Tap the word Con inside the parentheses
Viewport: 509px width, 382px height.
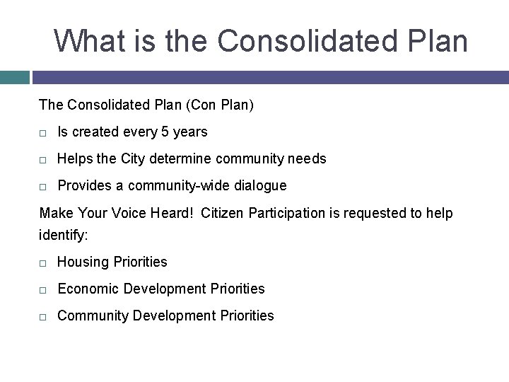pyautogui.click(x=199, y=105)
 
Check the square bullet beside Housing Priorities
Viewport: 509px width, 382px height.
pyautogui.click(x=44, y=262)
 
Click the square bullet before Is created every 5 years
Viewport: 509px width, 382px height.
pyautogui.click(x=44, y=133)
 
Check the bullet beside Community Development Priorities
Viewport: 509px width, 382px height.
pyautogui.click(x=44, y=316)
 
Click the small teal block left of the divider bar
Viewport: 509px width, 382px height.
pyautogui.click(x=14, y=77)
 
